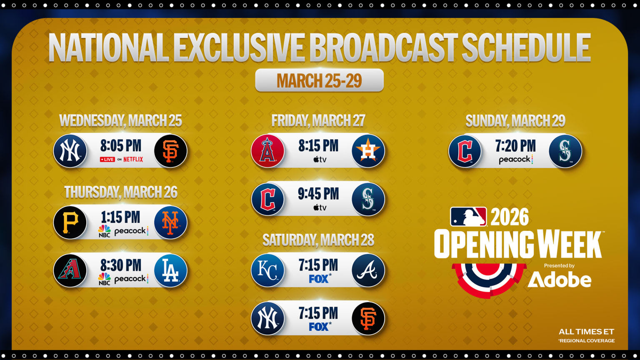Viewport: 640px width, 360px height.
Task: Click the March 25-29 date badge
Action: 319,80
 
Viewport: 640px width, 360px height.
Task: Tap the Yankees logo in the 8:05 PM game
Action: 70,151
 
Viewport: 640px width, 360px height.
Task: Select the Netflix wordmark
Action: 133,159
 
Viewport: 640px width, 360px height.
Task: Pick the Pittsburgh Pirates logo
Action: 70,222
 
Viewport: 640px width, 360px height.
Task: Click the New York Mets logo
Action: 170,222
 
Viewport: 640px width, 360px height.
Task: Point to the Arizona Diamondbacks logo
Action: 70,270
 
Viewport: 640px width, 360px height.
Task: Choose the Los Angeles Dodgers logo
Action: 170,270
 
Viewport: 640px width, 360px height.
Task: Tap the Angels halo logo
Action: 267,151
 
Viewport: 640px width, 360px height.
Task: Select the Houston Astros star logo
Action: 367,151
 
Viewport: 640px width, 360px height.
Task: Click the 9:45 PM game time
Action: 318,194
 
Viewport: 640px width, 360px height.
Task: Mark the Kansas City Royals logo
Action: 267,270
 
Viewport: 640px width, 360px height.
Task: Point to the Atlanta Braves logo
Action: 367,270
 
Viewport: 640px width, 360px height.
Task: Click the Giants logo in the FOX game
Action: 367,318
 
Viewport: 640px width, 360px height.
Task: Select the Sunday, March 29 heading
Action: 515,121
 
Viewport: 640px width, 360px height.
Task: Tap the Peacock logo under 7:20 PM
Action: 516,160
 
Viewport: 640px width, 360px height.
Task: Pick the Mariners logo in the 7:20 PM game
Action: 565,151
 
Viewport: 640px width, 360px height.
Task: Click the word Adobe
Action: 559,280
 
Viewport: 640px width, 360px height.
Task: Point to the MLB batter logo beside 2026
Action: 468,217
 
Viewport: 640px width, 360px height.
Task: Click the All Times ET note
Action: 586,332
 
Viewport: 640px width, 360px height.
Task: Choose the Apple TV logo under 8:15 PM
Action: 320,159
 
